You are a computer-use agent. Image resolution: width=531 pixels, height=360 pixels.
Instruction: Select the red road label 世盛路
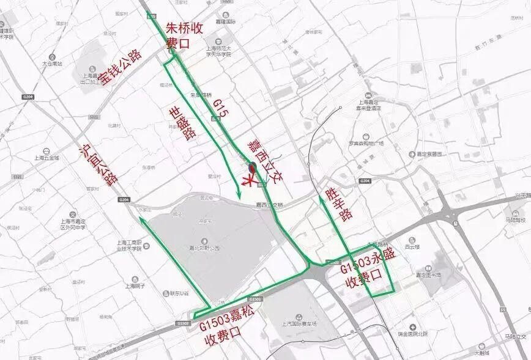(180, 123)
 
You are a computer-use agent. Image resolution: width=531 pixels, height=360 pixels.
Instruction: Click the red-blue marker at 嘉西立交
(252, 167)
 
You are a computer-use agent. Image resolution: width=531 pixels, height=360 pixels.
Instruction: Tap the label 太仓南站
(52, 63)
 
